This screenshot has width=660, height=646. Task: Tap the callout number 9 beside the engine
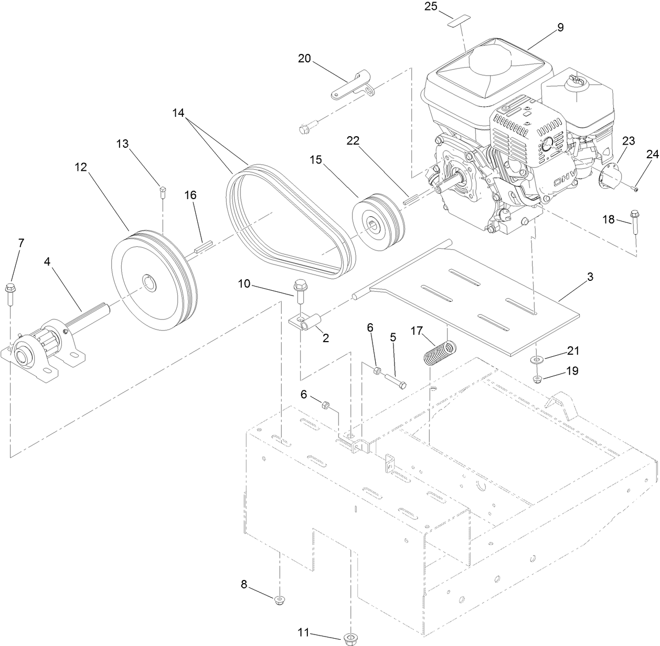pos(560,27)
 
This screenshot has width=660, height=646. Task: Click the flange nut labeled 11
pos(349,638)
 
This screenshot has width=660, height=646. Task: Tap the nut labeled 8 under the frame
pos(280,599)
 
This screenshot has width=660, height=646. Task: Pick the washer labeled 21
pos(536,359)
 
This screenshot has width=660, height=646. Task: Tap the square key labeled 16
pos(202,247)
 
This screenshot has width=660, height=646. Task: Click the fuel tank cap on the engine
pos(577,80)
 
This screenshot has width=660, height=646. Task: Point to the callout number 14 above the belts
pos(179,112)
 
